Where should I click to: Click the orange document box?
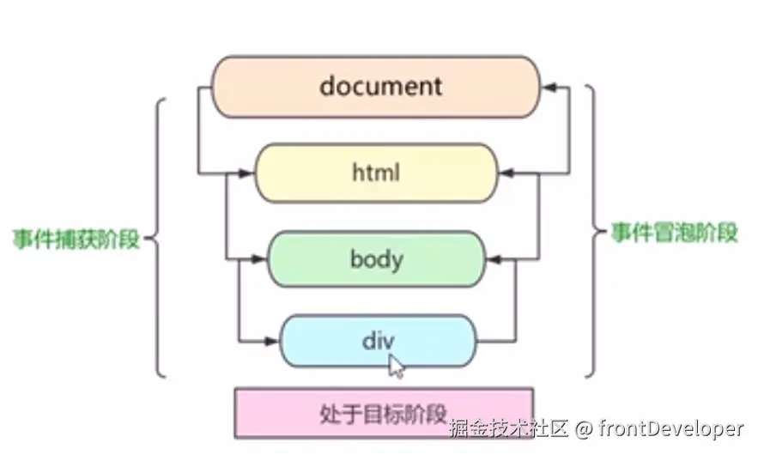point(258,87)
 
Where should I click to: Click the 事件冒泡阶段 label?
point(674,234)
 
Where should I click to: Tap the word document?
point(380,86)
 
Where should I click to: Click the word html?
point(376,173)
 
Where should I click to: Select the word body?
point(376,258)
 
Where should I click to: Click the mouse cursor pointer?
point(396,366)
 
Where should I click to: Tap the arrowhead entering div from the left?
point(272,342)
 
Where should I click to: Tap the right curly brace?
point(592,232)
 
